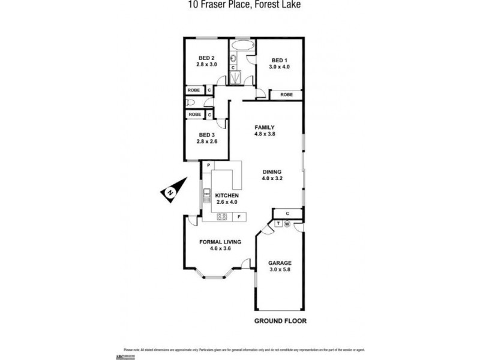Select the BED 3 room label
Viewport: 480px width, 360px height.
(206, 135)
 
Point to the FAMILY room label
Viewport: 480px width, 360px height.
(264, 127)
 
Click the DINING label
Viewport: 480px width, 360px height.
(271, 172)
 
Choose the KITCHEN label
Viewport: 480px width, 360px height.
(227, 196)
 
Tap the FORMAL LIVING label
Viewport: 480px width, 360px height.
(220, 242)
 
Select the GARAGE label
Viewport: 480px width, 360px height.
(279, 263)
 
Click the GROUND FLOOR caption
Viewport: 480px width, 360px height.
(280, 321)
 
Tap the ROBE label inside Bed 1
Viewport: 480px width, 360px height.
(287, 95)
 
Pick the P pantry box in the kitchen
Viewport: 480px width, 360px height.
(208, 165)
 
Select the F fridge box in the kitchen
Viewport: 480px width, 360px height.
(239, 217)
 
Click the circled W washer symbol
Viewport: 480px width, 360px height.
(286, 224)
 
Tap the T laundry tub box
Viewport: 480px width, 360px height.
(278, 224)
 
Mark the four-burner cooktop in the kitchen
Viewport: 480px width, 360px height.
(221, 217)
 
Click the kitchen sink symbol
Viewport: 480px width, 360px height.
(208, 194)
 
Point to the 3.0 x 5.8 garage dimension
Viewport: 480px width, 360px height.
(279, 269)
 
